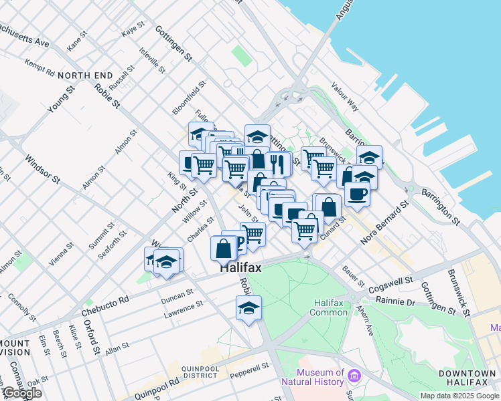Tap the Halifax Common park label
(x=329, y=307)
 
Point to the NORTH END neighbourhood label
(x=86, y=76)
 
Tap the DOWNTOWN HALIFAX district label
(x=467, y=377)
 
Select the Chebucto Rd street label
(x=104, y=307)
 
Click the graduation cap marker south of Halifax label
(x=248, y=308)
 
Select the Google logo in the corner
(x=22, y=393)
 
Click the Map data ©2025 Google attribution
(x=460, y=396)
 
